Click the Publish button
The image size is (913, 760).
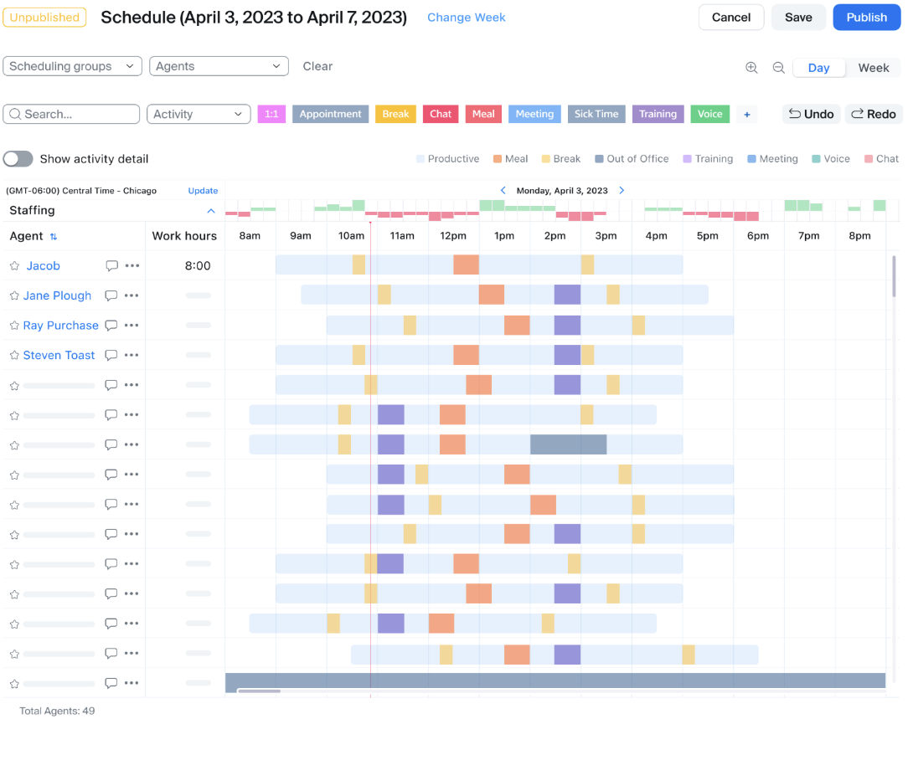866,18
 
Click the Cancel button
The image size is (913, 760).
730,18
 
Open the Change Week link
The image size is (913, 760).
466,18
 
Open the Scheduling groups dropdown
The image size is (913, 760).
73,66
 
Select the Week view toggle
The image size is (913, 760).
873,68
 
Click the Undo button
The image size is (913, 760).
811,114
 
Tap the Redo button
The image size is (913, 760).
873,114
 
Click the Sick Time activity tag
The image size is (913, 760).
596,114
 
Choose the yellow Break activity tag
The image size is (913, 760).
395,114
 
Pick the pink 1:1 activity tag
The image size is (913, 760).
271,114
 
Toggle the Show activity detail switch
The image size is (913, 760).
18,159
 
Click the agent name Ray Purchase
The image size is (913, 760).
60,326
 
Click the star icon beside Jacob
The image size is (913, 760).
14,266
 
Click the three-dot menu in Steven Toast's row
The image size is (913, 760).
132,355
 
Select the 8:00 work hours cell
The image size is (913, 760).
198,266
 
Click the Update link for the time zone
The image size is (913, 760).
203,191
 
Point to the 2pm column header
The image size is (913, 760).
555,236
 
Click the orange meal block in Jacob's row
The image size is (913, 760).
466,264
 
